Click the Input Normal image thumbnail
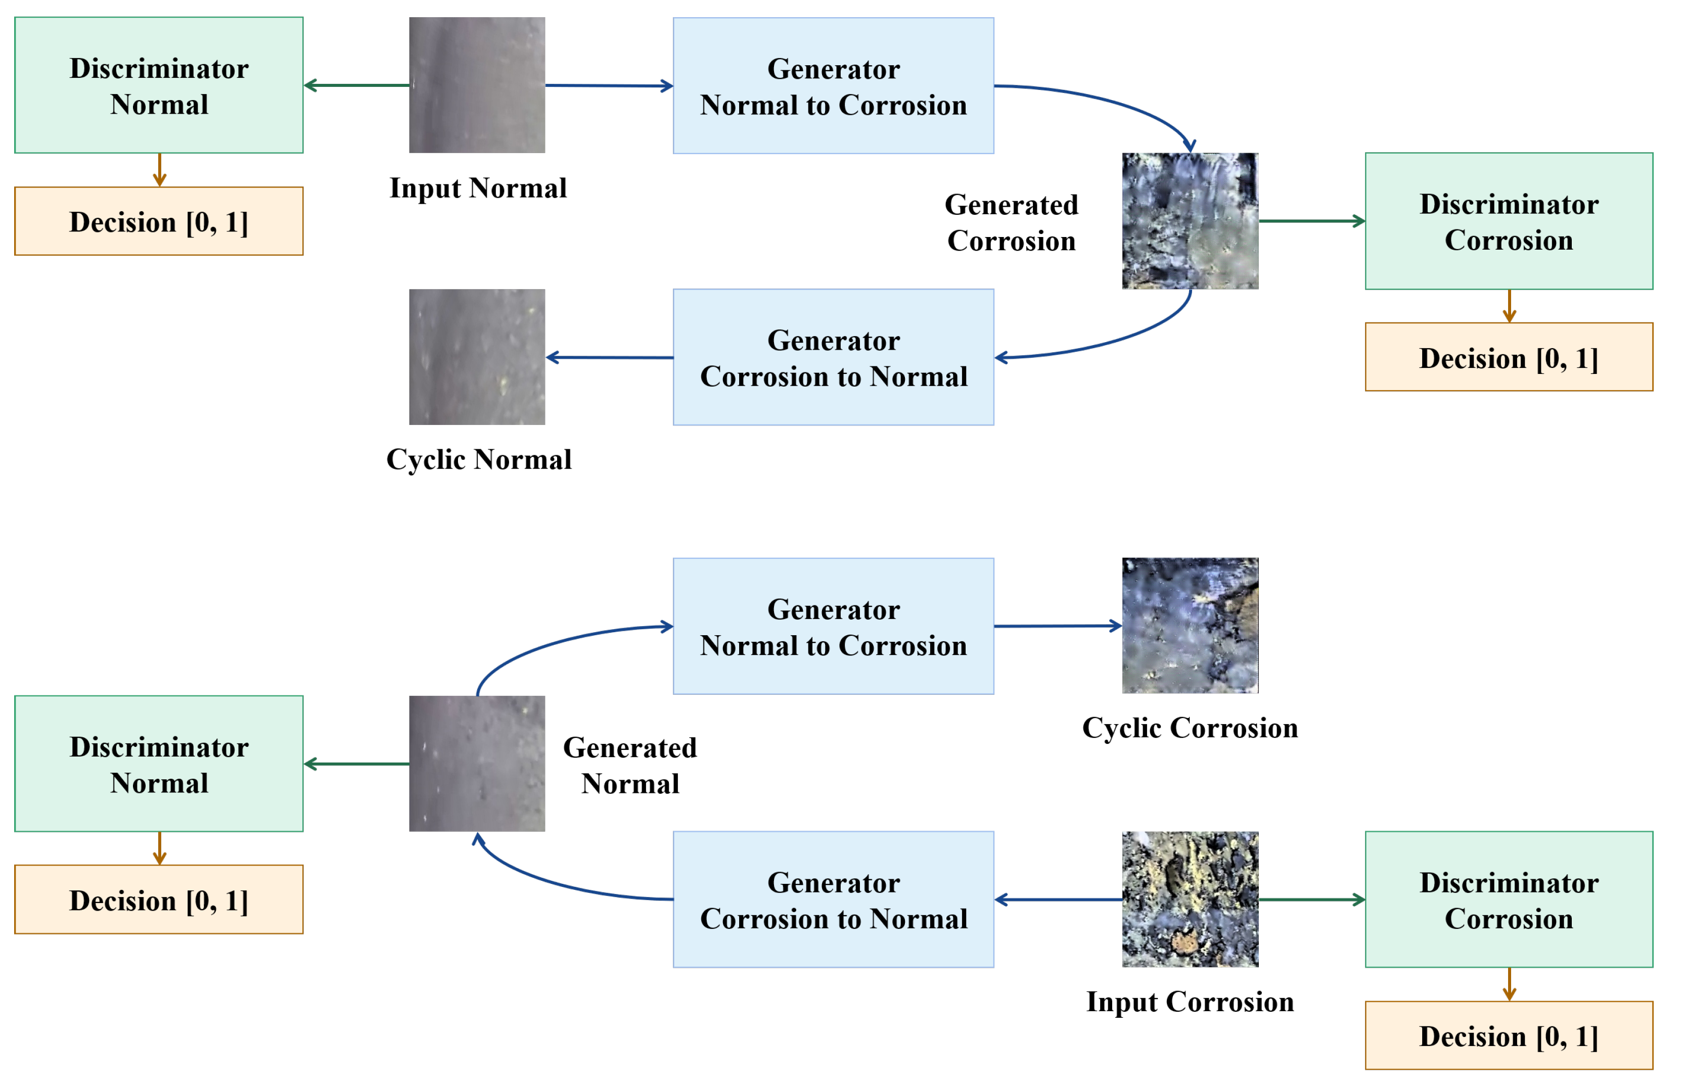(477, 85)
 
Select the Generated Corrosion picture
(1190, 221)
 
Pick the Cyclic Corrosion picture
(1190, 626)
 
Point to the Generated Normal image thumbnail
(477, 763)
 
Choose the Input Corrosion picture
(1190, 899)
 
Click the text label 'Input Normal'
(478, 188)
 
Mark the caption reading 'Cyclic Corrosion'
(1190, 728)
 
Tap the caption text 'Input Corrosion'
(1190, 1002)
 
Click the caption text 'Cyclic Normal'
(479, 459)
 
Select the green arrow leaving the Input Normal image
(356, 85)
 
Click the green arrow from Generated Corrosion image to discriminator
(1311, 221)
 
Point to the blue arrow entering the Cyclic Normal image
(609, 357)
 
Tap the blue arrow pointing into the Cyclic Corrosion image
(1058, 626)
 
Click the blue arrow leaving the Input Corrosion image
(1058, 899)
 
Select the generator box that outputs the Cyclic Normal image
(833, 357)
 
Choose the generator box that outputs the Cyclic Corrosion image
(833, 626)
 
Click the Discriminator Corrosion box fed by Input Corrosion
(1509, 899)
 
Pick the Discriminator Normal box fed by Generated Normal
(159, 764)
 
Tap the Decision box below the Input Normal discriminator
(159, 221)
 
